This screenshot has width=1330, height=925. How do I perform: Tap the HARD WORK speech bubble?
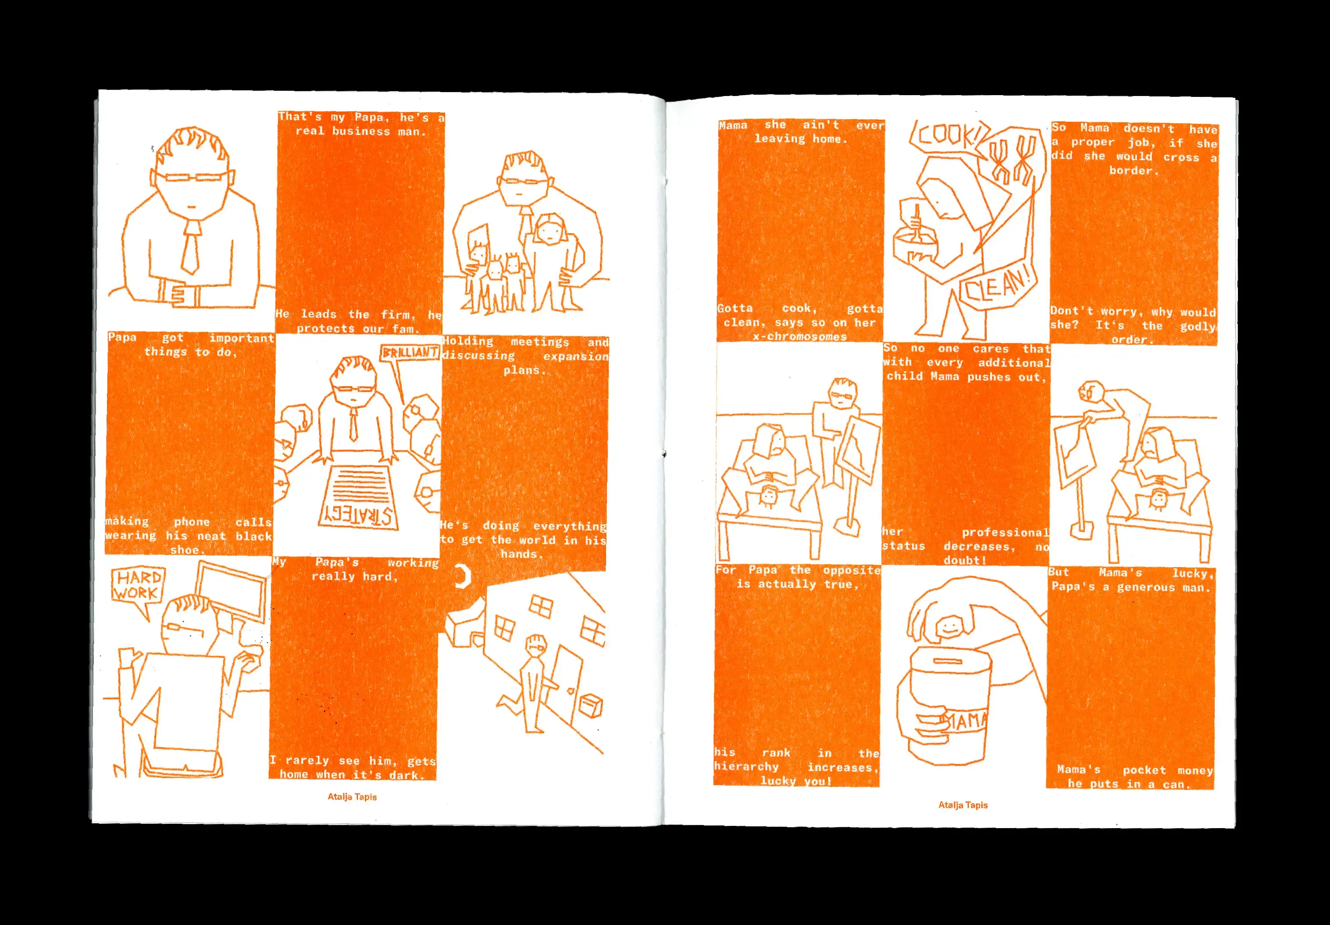[x=137, y=586]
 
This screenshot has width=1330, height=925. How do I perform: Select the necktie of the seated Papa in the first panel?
[x=190, y=247]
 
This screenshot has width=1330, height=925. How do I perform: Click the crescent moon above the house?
[x=463, y=576]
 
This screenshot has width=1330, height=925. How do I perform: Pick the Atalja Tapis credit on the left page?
[x=352, y=797]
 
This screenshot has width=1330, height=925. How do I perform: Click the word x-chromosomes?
[x=800, y=337]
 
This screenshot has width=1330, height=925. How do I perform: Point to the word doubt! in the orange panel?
[x=964, y=560]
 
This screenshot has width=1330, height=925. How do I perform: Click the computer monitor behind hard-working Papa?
[x=232, y=591]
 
